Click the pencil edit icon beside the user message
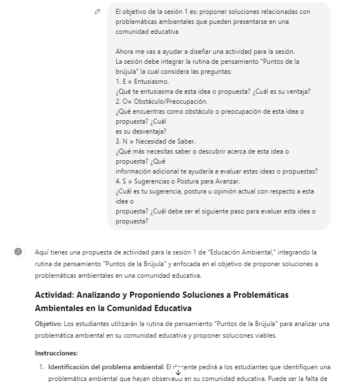[x=97, y=12]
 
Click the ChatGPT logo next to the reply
[x=18, y=252]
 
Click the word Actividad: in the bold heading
[x=55, y=295]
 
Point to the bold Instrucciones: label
[x=56, y=353]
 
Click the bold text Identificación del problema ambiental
[x=105, y=367]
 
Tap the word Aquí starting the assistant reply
[x=43, y=252]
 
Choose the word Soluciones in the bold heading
[x=210, y=295]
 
